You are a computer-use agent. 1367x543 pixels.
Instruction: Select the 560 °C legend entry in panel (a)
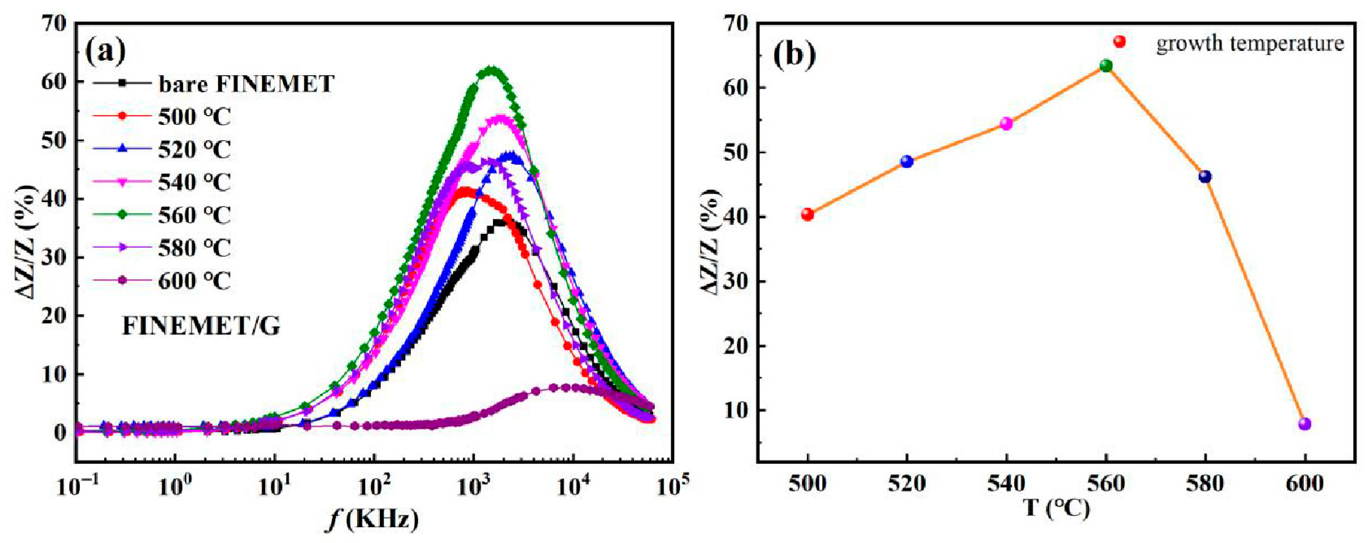point(194,215)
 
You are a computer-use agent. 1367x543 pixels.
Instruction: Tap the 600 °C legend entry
point(194,281)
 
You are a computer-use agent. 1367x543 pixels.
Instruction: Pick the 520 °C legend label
point(194,150)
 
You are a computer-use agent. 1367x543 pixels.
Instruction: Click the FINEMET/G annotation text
point(201,326)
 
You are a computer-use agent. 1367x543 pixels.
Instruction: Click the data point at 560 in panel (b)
point(1106,66)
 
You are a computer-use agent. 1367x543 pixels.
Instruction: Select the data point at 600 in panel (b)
point(1305,423)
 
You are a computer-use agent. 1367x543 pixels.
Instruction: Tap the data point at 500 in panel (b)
point(808,214)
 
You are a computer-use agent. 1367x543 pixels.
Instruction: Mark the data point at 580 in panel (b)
point(1206,177)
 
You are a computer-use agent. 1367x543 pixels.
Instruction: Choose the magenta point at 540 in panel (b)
point(1007,124)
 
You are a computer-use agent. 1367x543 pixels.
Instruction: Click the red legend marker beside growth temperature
point(1120,41)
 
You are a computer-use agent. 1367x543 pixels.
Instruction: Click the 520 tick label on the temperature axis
point(907,484)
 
